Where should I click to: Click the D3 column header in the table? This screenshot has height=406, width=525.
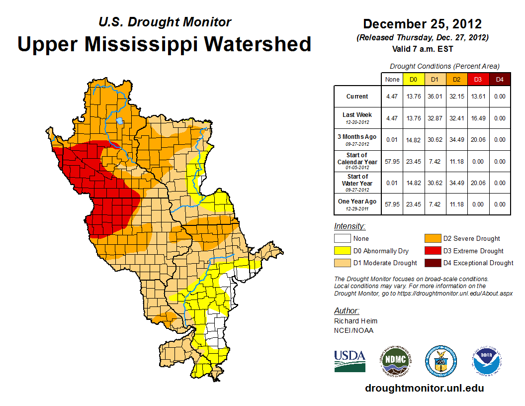477,79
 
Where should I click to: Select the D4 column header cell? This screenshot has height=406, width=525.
500,79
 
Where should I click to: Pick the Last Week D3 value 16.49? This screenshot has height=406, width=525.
477,118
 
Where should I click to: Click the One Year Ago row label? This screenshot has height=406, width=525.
357,204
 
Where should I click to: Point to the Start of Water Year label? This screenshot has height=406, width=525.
357,180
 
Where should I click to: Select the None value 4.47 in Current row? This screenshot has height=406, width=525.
392,97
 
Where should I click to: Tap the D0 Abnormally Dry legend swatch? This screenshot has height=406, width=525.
342,251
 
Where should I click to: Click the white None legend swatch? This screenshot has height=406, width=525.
342,238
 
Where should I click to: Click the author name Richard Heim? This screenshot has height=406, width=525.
355,321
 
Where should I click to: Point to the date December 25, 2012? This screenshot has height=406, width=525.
422,24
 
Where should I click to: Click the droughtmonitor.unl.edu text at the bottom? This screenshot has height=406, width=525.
424,388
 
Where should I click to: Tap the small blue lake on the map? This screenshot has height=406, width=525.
119,120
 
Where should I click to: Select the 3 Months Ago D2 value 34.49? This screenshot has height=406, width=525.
456,140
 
